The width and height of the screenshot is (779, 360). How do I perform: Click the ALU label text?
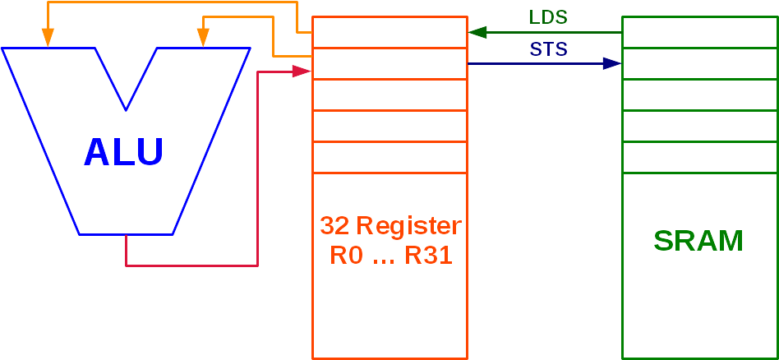click(124, 152)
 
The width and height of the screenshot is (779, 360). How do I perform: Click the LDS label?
click(548, 18)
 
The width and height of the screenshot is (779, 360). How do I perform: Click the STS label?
click(548, 49)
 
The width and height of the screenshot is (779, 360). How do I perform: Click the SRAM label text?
click(698, 241)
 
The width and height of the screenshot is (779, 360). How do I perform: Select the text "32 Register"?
click(390, 226)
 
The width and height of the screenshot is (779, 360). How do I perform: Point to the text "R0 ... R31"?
click(390, 255)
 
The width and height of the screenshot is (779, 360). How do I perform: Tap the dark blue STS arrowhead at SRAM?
click(612, 63)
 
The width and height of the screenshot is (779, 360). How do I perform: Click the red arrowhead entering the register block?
click(302, 72)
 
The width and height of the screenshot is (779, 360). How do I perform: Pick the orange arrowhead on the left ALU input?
click(48, 38)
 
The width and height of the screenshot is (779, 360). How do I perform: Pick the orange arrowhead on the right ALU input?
click(201, 38)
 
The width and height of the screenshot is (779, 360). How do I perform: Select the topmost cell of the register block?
click(389, 32)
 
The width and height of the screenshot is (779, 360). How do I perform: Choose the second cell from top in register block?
click(389, 63)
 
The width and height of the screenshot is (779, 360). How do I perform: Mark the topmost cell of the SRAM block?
click(699, 32)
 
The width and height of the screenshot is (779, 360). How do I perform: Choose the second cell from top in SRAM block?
click(699, 63)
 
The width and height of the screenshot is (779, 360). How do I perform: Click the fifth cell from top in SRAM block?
click(699, 157)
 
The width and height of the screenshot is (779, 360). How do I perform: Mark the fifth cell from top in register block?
click(389, 157)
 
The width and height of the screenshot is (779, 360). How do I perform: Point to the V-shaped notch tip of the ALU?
click(126, 108)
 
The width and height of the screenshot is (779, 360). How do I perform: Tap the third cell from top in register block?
click(389, 95)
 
